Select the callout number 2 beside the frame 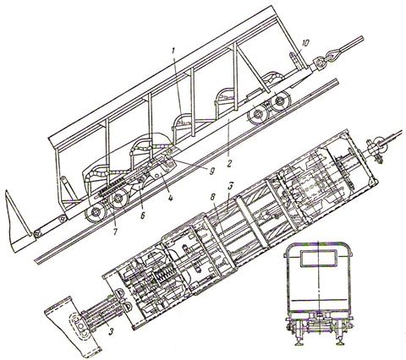(229, 164)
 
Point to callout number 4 (170, 198)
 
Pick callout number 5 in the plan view (230, 188)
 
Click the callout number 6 (143, 215)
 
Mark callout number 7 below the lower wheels (117, 232)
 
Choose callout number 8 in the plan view (213, 197)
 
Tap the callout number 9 (212, 170)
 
